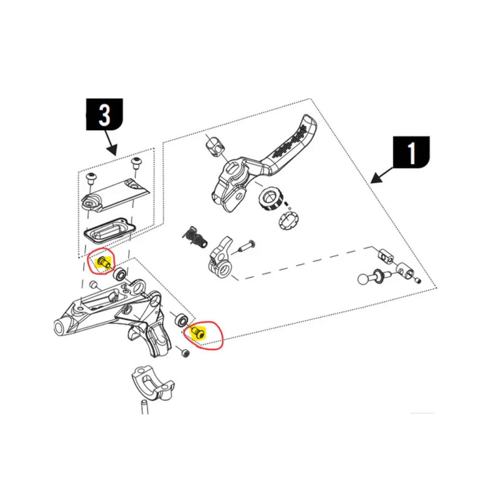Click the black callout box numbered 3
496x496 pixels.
104,114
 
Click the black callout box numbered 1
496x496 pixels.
411,152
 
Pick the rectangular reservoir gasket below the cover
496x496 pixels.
109,231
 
